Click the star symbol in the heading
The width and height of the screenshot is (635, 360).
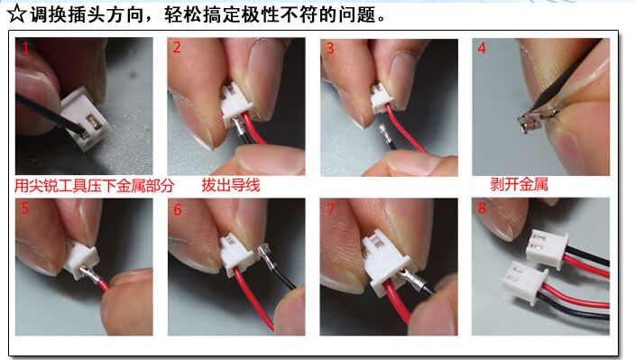17,14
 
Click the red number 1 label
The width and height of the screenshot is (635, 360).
25,49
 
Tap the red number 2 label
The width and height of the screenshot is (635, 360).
177,48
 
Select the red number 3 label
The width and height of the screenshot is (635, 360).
330,49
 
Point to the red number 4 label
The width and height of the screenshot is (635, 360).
482,48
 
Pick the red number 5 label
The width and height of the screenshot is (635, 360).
25,208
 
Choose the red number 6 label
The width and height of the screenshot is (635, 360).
178,209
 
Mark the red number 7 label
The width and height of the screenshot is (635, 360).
330,209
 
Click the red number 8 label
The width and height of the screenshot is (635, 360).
482,208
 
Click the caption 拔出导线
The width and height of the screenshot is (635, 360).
231,185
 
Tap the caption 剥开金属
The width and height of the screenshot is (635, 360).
519,184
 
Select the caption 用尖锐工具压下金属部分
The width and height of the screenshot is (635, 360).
95,186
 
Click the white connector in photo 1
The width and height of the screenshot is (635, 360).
85,119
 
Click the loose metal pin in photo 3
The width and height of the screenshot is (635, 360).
383,133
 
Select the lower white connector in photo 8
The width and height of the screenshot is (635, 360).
524,282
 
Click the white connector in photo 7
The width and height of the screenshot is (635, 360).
386,261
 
